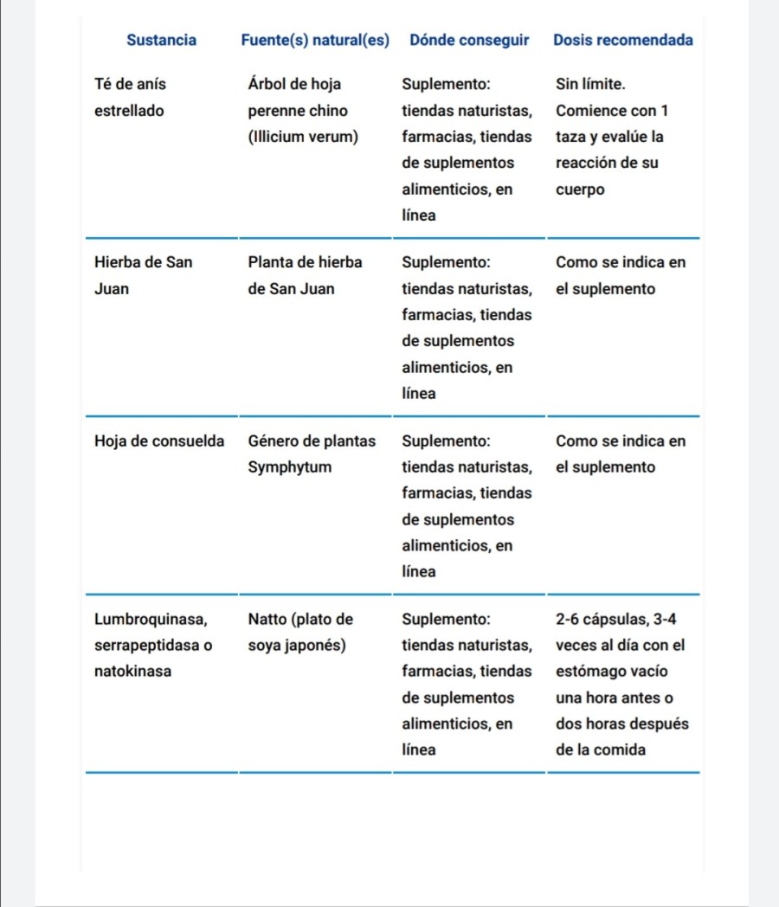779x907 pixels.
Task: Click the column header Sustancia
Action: click(161, 40)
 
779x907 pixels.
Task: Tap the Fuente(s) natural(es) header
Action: click(315, 40)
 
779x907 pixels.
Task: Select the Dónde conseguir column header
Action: click(468, 40)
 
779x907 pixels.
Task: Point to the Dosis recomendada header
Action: click(622, 40)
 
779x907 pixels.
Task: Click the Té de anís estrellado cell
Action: click(130, 97)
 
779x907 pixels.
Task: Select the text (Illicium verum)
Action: click(302, 137)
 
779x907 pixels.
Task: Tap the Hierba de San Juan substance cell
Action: click(143, 275)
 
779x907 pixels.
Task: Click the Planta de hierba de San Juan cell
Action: click(305, 275)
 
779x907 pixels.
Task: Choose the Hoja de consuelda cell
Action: click(158, 441)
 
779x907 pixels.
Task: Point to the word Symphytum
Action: click(289, 467)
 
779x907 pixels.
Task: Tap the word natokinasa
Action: click(132, 672)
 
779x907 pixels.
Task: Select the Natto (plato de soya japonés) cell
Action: click(300, 632)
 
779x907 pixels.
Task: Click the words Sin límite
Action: click(590, 85)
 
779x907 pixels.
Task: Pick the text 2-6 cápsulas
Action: click(600, 620)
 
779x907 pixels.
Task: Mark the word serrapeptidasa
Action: click(145, 646)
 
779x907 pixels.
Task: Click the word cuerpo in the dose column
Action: click(580, 190)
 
